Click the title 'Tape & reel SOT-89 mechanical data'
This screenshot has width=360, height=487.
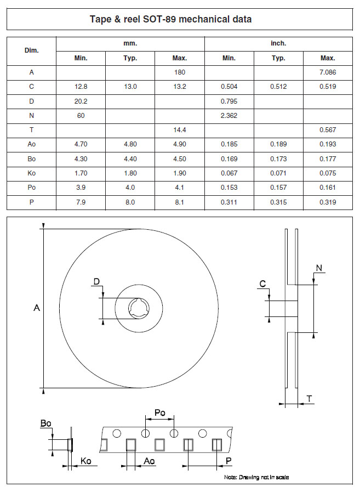point(170,19)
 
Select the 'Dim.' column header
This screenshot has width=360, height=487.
point(31,50)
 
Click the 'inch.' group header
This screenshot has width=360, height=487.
point(278,43)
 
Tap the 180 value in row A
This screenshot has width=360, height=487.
point(180,72)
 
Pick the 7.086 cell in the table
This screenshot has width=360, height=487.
point(328,72)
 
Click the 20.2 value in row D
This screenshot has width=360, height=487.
point(81,101)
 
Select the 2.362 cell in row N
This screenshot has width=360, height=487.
point(228,116)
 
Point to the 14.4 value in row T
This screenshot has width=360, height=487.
point(180,130)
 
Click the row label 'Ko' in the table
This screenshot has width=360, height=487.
point(31,173)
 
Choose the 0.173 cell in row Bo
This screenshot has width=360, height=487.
point(278,158)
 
